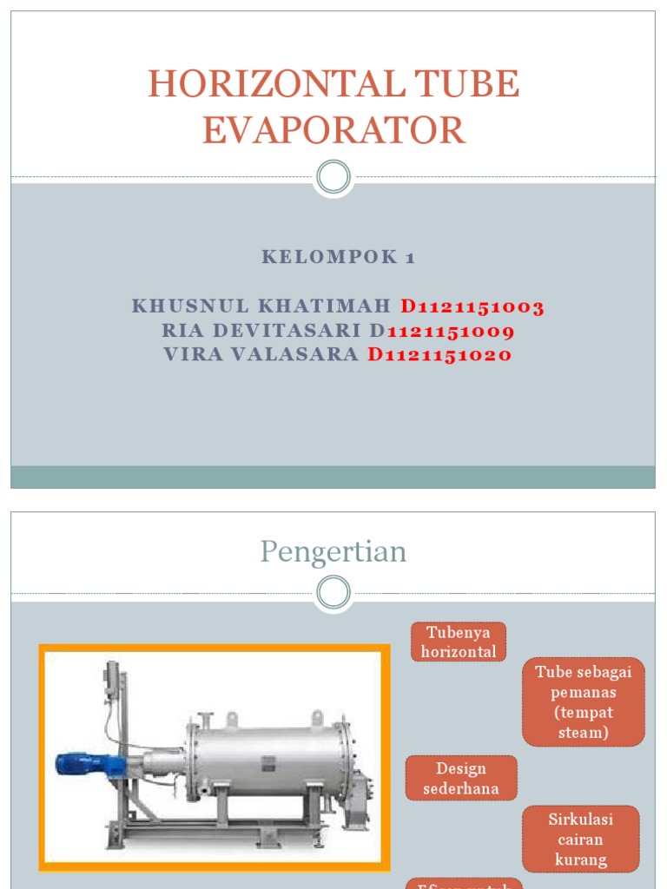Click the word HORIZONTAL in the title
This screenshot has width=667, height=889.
click(x=274, y=84)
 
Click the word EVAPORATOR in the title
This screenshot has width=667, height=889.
click(x=333, y=129)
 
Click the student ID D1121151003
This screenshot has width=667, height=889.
click(x=472, y=306)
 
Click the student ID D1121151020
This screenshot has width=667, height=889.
click(x=439, y=354)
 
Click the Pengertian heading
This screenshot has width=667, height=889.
click(x=333, y=551)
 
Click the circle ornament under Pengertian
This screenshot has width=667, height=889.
click(x=333, y=594)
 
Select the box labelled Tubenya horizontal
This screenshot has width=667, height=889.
click(x=458, y=642)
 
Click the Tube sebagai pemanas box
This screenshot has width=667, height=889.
click(x=584, y=701)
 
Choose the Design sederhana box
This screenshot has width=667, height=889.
click(x=461, y=778)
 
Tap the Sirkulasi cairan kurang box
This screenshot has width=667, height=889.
click(x=580, y=839)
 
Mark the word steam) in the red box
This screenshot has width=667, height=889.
click(x=584, y=733)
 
